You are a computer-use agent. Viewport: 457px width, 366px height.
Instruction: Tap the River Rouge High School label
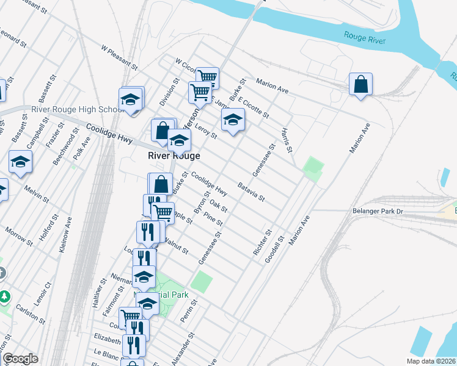click(x=69, y=110)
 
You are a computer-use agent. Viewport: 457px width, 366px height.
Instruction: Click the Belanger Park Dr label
click(x=379, y=211)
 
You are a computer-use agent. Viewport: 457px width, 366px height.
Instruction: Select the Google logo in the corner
click(x=20, y=359)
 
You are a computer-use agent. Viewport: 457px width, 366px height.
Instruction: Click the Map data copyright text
click(x=431, y=361)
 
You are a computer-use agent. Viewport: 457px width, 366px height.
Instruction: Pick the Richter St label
click(x=261, y=242)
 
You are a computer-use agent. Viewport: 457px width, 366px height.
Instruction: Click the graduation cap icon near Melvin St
click(x=20, y=162)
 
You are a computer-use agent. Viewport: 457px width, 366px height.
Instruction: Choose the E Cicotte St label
click(x=254, y=109)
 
